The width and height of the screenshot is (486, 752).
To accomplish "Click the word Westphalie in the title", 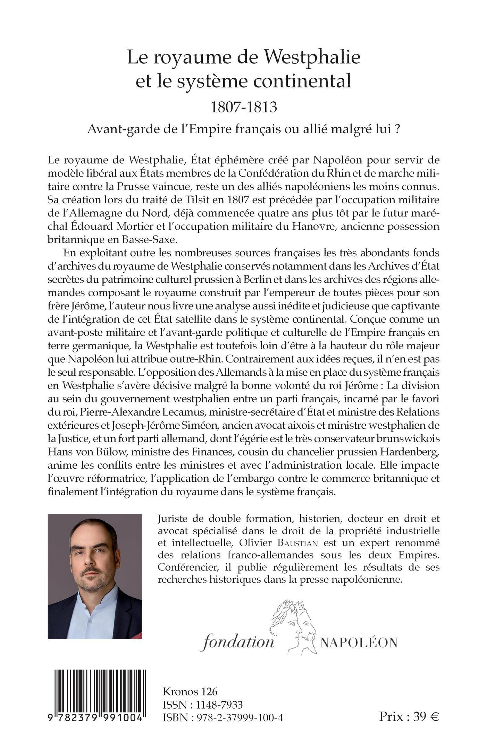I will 312,58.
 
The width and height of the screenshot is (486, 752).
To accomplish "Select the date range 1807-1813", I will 244,107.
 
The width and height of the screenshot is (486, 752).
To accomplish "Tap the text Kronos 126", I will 190,692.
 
